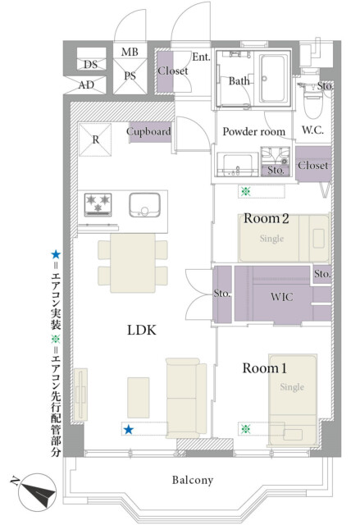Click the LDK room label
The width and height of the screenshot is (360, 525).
142,330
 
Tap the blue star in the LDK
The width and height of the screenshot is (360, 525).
129,430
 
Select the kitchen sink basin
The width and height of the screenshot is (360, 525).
144,205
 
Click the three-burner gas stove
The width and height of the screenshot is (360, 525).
98,204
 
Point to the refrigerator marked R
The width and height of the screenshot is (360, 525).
95,139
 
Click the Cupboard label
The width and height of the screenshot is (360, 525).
149,131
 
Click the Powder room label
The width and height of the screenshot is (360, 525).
254,131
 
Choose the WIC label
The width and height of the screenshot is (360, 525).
282,297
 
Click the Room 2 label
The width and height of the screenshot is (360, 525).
267,218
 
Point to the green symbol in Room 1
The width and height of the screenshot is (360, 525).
245,428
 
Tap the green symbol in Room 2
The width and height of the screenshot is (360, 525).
246,191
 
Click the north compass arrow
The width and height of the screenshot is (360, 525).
37,492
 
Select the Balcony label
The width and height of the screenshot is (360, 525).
193,480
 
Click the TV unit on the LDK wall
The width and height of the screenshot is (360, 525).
80,395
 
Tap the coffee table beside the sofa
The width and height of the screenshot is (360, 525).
139,397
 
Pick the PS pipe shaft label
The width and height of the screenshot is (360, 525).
130,76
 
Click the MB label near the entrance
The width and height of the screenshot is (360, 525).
130,52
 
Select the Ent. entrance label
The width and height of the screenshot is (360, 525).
201,57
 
